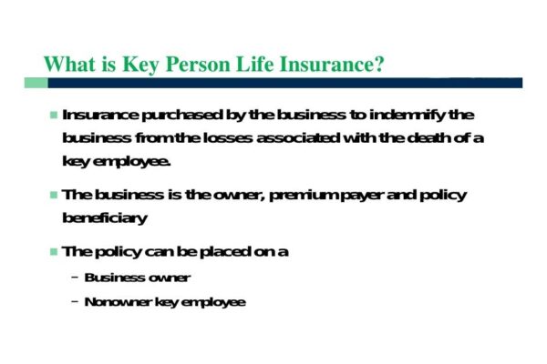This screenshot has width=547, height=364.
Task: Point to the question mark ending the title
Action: [x=378, y=65]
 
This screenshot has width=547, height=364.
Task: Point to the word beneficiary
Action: [x=104, y=218]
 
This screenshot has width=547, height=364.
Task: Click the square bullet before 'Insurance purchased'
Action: [x=53, y=116]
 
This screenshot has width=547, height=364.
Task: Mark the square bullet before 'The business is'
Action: [x=53, y=196]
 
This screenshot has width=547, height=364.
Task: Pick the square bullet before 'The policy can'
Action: [x=53, y=251]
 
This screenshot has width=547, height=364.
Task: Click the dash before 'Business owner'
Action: [x=74, y=278]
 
